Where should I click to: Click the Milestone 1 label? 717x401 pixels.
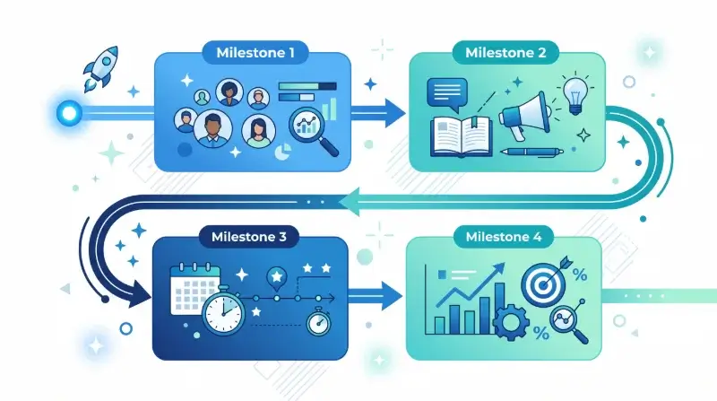[x=255, y=53]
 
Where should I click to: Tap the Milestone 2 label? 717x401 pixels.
[x=505, y=53]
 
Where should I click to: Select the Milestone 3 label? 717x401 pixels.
[x=249, y=237]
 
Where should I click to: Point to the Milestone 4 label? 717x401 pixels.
[x=504, y=237]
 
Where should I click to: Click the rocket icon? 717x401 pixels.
[x=101, y=68]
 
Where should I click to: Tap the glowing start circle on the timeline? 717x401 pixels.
[x=70, y=113]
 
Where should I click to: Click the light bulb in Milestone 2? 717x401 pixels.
[x=574, y=95]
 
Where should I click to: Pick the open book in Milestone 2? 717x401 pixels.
[x=461, y=136]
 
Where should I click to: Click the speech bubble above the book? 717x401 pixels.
[x=446, y=94]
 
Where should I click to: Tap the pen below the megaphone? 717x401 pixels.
[x=531, y=152]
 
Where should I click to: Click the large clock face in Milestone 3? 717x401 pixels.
[x=223, y=310]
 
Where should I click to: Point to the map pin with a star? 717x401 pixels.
[x=277, y=279]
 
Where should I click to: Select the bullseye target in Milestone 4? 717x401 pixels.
[x=544, y=284]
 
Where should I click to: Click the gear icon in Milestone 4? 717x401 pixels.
[x=511, y=322]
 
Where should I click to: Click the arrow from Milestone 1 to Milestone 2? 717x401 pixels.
[x=377, y=113]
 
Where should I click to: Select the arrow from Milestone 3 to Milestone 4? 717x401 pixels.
[x=375, y=296]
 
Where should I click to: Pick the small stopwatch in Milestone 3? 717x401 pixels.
[x=319, y=322]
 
